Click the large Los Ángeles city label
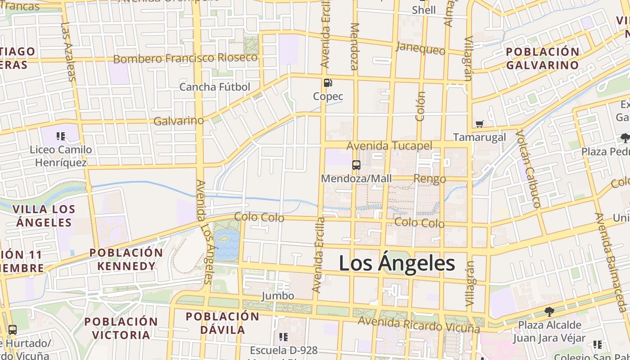397,263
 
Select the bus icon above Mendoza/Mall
356,165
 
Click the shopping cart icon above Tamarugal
480,124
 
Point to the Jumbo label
278,296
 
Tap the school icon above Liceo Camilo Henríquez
61,136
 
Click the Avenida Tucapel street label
389,146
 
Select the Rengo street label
429,179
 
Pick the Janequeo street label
420,48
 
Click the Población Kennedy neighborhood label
126,259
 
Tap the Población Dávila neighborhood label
223,323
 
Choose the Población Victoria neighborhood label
121,328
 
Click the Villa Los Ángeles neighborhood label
44,216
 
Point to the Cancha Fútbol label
215,87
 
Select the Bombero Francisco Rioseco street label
185,58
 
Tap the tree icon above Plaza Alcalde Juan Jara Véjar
549,311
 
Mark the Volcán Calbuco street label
527,169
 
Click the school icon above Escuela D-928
283,337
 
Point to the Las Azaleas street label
67,52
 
